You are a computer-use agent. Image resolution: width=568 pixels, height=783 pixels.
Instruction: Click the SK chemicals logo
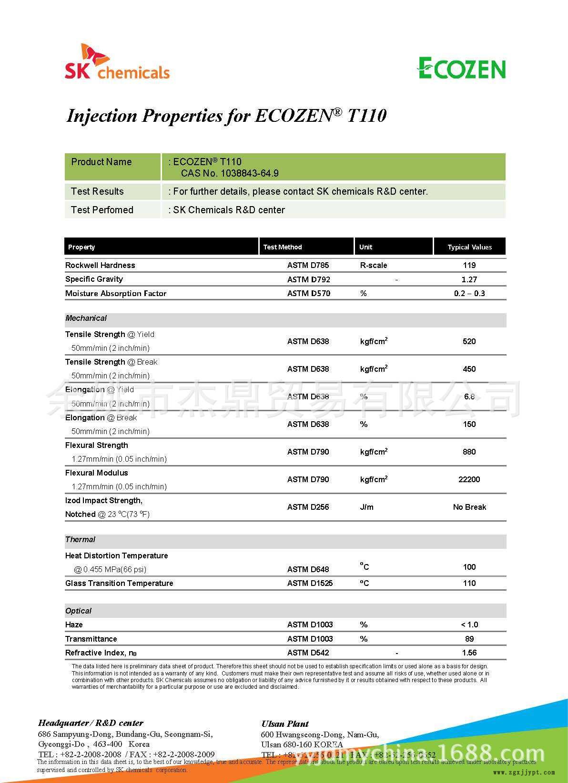tap(117, 62)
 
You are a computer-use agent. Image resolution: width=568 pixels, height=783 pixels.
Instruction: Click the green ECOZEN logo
tap(461, 68)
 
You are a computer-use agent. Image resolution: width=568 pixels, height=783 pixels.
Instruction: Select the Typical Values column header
tap(469, 247)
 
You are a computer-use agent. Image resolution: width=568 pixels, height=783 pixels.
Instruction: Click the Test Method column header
tap(283, 247)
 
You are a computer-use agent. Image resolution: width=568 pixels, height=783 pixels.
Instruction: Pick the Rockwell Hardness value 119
tap(469, 265)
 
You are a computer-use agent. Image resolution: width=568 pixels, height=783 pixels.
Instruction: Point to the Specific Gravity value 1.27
tap(469, 279)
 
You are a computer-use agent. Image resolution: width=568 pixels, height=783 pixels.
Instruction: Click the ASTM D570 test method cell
tap(308, 293)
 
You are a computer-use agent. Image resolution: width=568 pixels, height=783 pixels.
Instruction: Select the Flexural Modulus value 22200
tap(469, 479)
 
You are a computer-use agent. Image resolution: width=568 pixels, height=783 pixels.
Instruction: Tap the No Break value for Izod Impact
tap(469, 507)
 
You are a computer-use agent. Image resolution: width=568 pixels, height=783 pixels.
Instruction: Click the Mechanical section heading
tap(86, 318)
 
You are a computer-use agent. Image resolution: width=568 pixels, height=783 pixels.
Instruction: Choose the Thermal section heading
tap(80, 539)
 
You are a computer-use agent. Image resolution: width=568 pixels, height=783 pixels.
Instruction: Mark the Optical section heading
tap(78, 611)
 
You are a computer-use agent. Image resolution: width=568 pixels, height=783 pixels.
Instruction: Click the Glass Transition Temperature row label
tap(119, 583)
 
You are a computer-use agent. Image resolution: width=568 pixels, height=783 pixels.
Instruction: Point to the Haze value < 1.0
tap(469, 624)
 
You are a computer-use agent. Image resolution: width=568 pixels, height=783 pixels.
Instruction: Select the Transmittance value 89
tap(469, 639)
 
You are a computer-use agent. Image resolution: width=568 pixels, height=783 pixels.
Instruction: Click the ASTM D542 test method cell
tap(308, 653)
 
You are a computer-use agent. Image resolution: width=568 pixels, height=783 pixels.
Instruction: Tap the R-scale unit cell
tap(374, 265)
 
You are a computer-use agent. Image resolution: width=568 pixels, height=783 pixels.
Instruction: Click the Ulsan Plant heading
tap(285, 724)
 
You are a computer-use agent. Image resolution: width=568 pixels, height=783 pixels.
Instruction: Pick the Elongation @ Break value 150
tap(469, 424)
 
